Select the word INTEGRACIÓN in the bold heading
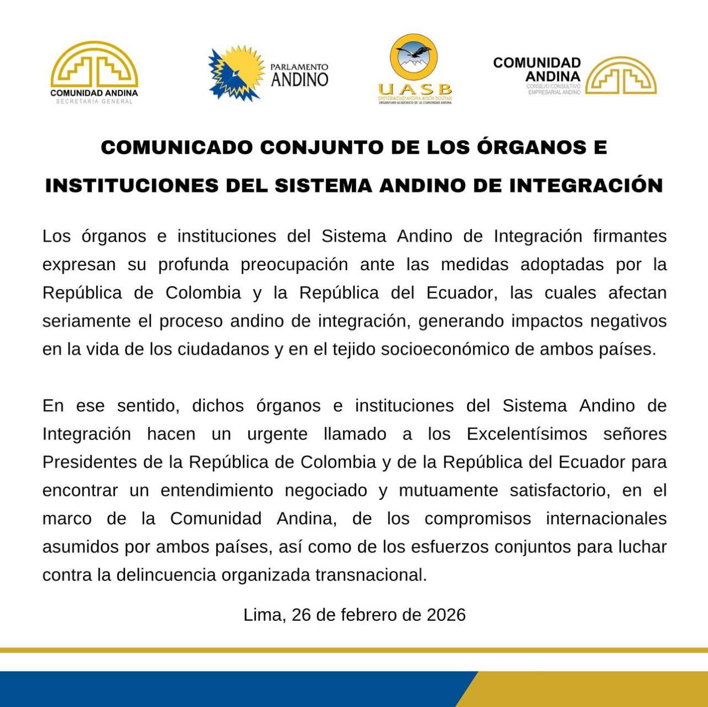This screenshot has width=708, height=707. point(586,186)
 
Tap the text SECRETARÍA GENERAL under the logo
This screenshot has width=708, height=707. point(94,101)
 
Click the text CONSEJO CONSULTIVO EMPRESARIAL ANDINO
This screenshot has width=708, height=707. point(553,89)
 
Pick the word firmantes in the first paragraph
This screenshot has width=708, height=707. point(630,236)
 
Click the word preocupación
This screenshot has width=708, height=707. point(294,264)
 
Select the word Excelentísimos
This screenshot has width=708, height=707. point(527,434)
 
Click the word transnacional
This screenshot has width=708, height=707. point(371,575)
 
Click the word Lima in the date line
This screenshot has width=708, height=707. point(264,615)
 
